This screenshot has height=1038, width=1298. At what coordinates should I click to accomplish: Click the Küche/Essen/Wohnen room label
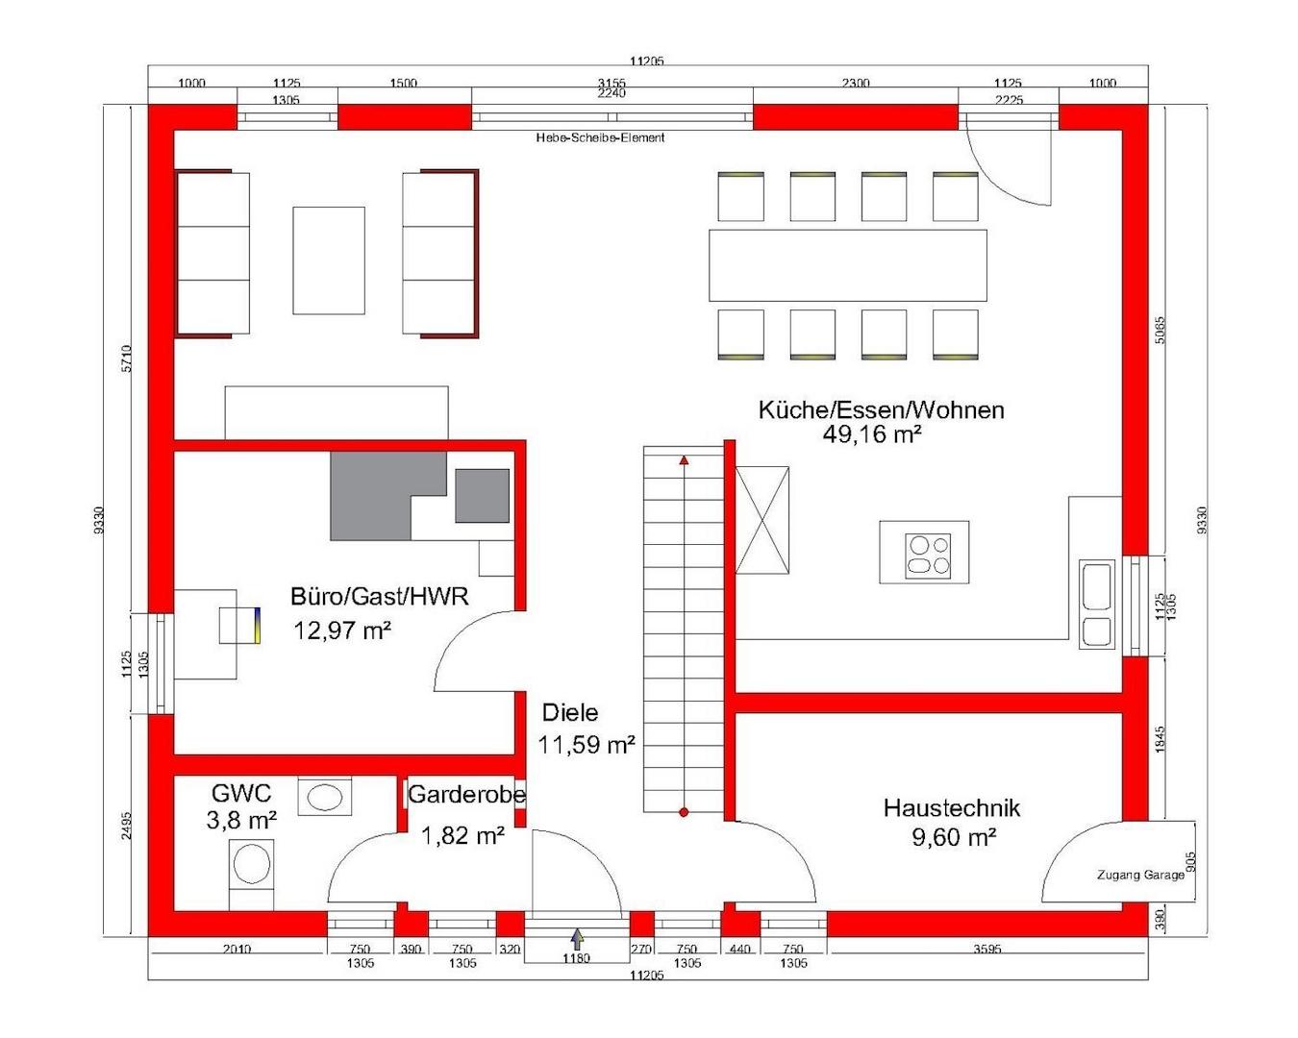tap(881, 410)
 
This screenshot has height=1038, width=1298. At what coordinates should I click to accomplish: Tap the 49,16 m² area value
tap(871, 434)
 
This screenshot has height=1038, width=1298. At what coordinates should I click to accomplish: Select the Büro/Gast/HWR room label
tap(379, 597)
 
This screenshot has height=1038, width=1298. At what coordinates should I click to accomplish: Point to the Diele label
tap(569, 713)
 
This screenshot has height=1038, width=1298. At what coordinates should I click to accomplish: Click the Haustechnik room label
tap(951, 808)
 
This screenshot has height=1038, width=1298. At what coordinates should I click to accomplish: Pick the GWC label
tap(241, 794)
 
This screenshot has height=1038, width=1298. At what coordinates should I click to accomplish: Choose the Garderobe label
tap(466, 796)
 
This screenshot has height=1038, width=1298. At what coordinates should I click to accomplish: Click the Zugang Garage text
tap(1140, 876)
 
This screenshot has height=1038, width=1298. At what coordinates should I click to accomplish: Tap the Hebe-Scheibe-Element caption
tap(600, 137)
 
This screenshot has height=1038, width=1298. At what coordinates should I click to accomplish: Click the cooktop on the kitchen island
tap(927, 555)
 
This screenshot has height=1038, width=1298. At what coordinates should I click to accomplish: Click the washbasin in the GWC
tap(324, 797)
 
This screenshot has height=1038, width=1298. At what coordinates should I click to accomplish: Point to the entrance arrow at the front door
tap(577, 939)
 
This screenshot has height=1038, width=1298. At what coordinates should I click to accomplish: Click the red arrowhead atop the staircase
tap(684, 461)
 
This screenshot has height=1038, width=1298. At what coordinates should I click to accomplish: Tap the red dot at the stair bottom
tap(684, 812)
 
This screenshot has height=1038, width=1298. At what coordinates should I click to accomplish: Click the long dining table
tap(847, 265)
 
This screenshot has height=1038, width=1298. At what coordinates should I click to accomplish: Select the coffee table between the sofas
tap(329, 260)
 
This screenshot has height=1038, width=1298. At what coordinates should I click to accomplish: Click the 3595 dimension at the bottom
tap(986, 950)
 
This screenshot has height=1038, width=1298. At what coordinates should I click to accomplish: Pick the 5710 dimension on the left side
tap(127, 359)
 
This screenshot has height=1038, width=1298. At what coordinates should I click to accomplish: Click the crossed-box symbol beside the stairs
tap(761, 520)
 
